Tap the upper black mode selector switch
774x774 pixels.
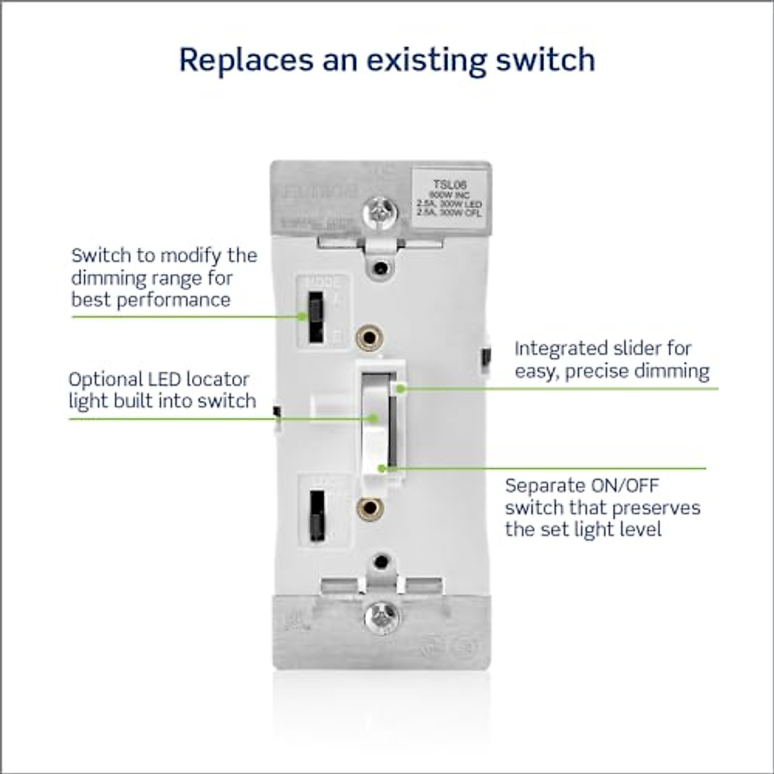point(315,317)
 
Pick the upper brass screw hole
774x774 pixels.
point(370,337)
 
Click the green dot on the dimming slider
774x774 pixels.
point(401,388)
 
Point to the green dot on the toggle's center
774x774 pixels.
point(373,419)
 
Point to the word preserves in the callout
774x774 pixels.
point(656,508)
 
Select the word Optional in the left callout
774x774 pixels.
point(106,379)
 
